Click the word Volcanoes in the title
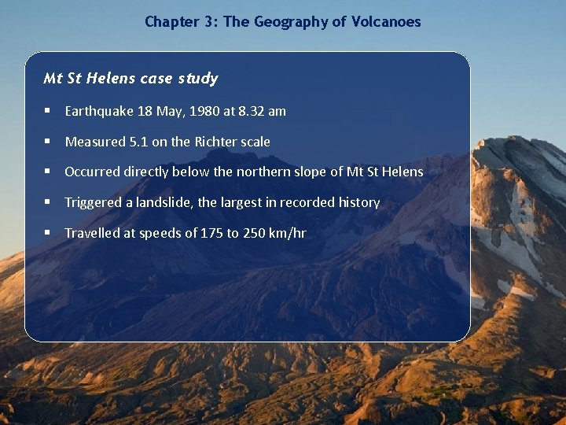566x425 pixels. tap(385, 22)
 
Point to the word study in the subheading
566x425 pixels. tap(198, 78)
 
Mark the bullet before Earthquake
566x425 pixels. tap(49, 111)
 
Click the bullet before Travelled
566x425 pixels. tap(49, 233)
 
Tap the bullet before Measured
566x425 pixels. tap(49, 142)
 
